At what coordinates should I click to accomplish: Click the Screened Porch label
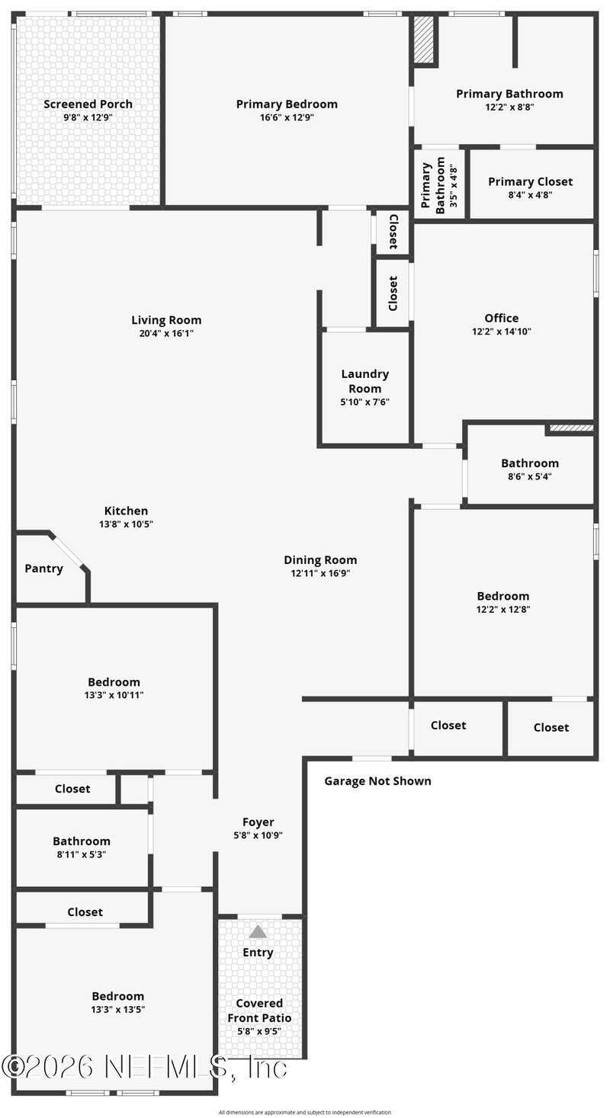pos(88,104)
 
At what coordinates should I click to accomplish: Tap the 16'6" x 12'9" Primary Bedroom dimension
pos(287,118)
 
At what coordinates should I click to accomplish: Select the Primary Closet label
pos(530,181)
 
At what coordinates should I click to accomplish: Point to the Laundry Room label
pos(365,381)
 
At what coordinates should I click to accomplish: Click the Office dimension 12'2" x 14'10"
pos(502,332)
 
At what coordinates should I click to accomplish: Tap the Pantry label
pos(44,569)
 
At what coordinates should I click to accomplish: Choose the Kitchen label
pos(126,511)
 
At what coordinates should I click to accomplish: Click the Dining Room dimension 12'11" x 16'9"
pos(320,573)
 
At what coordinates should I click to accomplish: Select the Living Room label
pos(166,320)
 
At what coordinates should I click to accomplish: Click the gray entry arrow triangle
pos(258,932)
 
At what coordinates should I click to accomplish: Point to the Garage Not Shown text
pos(378,781)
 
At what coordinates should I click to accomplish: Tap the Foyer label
pos(258,822)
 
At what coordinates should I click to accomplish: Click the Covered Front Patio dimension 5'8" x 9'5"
pos(259,1031)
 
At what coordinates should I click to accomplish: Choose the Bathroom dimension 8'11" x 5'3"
pos(82,854)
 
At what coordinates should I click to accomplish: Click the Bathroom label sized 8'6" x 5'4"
pos(530,463)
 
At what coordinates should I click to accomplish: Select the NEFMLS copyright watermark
pos(145,1068)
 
